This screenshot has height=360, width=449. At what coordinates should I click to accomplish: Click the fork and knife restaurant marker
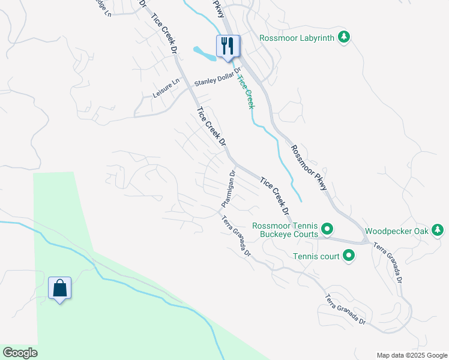tap(228, 46)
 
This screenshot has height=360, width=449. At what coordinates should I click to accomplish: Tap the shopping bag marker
tap(59, 288)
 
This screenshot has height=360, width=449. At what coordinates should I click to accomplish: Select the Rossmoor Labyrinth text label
tap(295, 38)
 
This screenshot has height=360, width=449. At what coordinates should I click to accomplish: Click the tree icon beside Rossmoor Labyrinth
tap(343, 38)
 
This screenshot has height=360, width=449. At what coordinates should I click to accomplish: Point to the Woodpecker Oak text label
tap(395, 230)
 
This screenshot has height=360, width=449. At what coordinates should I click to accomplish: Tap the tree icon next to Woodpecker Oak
tap(438, 230)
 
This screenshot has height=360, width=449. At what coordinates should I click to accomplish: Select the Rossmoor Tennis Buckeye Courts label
tap(285, 230)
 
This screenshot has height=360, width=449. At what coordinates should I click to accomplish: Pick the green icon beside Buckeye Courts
tap(327, 229)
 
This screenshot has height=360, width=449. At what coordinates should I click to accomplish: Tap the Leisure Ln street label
tap(166, 89)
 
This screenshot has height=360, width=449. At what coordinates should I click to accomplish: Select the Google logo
tap(20, 353)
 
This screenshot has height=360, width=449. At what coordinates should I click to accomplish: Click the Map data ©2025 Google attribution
tap(412, 355)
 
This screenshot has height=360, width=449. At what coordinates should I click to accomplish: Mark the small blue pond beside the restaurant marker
tap(205, 54)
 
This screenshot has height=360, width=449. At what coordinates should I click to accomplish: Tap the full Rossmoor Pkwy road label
tap(309, 167)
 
